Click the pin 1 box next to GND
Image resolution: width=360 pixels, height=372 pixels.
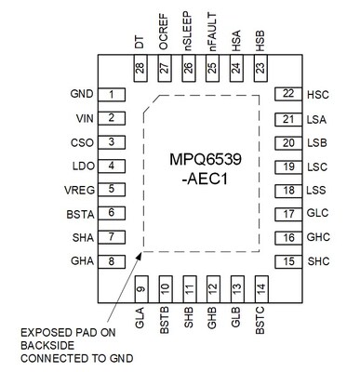tap(112, 95)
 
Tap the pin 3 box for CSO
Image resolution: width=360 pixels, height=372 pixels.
tap(112, 142)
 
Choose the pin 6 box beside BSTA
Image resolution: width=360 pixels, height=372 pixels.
tap(112, 213)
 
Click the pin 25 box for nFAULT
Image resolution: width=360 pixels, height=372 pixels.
tap(212, 68)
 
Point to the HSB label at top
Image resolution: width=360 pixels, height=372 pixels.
tap(260, 43)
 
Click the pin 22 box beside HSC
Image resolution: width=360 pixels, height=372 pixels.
tap(288, 95)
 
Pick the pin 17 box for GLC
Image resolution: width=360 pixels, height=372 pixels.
tap(288, 213)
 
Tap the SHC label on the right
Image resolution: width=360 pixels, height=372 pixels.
tap(318, 261)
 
